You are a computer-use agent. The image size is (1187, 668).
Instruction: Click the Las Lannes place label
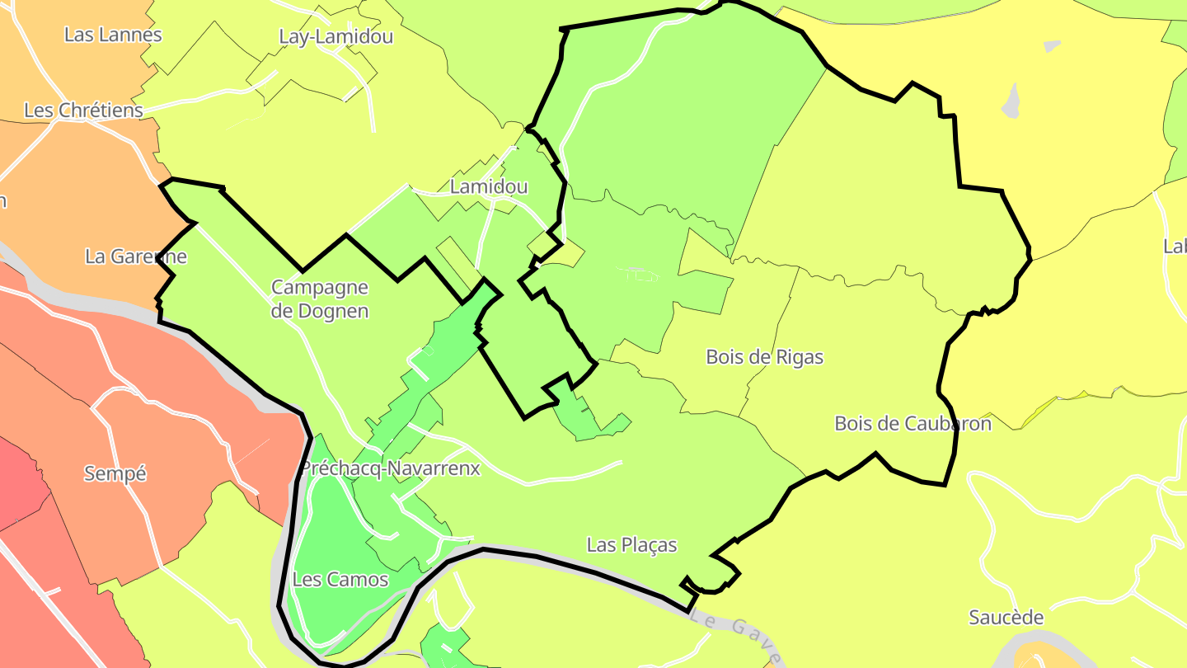tap(113, 35)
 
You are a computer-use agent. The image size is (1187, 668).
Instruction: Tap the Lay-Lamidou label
tap(335, 36)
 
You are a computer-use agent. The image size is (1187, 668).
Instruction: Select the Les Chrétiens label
tap(83, 110)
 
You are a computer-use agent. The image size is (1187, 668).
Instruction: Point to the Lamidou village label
tap(489, 187)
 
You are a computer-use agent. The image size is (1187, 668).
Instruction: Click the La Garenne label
tap(136, 256)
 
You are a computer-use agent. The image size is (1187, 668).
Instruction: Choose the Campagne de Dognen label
tap(320, 299)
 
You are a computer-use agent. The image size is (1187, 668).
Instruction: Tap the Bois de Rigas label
tap(764, 357)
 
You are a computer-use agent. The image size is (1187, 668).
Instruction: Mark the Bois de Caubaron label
tap(913, 423)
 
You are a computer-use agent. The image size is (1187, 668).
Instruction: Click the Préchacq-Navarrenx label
tap(390, 468)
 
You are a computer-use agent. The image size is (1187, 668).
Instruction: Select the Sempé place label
tap(115, 473)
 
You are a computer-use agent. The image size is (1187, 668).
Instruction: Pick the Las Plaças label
tap(631, 544)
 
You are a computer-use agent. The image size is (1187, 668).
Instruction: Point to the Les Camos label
tap(340, 579)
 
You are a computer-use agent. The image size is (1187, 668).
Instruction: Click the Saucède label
tap(1006, 617)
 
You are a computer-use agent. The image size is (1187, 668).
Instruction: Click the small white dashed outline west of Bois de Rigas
tap(639, 275)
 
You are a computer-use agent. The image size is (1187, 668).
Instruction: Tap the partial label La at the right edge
tap(1175, 246)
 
